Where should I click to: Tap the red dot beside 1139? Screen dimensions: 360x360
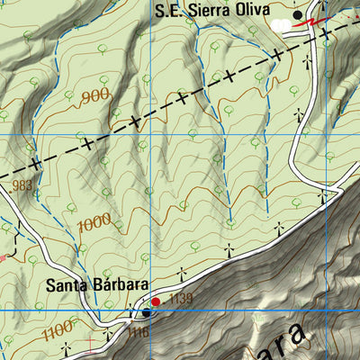155,301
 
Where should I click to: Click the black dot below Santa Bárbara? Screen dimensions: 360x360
146,313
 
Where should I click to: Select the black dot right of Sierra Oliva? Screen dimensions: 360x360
298,15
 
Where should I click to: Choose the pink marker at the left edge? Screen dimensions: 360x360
3,257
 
